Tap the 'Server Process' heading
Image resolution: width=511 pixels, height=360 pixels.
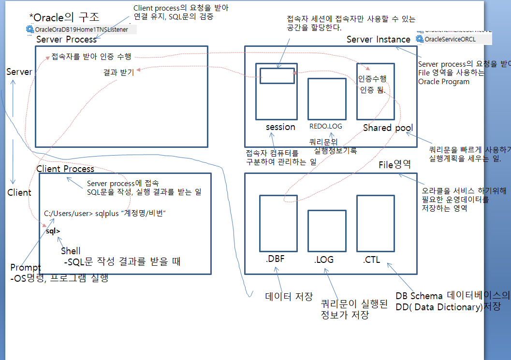[x=66, y=39]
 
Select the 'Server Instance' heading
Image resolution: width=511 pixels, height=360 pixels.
[x=378, y=39]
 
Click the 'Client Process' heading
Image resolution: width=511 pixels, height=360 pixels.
[x=65, y=169]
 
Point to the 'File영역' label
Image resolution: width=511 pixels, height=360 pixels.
[x=394, y=165]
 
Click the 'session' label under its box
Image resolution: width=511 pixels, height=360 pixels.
[x=280, y=127]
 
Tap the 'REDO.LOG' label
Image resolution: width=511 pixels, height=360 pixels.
[x=326, y=126]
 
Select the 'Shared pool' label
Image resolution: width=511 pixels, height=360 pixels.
[x=388, y=128]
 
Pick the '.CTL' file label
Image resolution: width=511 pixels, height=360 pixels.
[x=371, y=259]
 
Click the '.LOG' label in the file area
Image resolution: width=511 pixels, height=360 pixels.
[x=323, y=259]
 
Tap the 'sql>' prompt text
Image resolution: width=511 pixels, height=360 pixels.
[x=53, y=231]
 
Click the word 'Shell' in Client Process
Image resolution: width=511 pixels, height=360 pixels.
[x=71, y=251]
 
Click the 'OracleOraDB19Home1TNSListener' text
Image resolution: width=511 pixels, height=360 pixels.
[x=81, y=29]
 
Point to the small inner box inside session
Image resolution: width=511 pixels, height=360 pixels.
[x=277, y=76]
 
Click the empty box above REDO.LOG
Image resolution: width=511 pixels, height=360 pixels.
[x=327, y=99]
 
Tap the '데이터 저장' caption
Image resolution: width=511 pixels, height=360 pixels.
[x=289, y=296]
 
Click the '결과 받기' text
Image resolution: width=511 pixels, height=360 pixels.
[x=119, y=73]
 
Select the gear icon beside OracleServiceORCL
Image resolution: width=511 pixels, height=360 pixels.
[x=420, y=39]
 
